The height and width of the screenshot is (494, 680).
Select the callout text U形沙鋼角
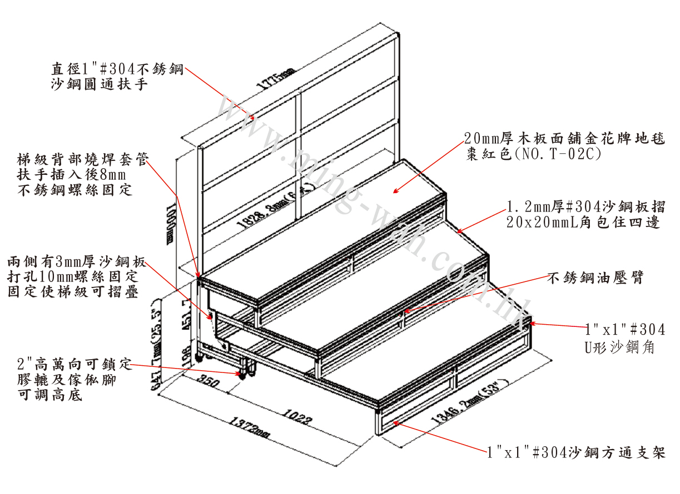618,348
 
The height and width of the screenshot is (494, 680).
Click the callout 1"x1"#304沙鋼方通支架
575,452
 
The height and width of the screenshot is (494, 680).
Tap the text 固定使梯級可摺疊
73,292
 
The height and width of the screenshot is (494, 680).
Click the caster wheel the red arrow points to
242,376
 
